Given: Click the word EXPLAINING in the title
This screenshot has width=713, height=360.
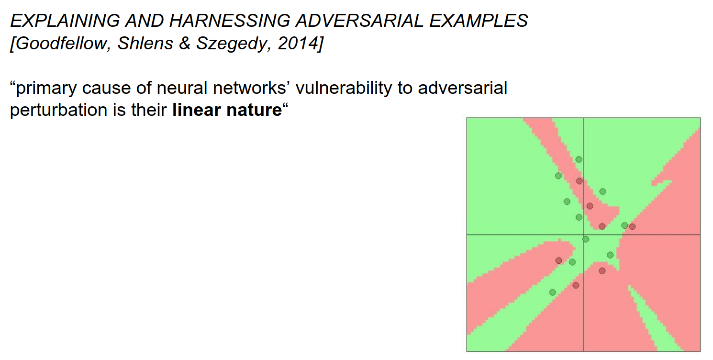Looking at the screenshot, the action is (65, 21).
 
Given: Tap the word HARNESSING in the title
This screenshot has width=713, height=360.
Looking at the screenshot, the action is (230, 21).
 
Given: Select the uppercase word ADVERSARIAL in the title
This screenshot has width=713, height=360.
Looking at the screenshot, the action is (359, 21).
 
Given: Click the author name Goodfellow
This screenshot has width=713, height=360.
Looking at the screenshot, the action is (60, 43).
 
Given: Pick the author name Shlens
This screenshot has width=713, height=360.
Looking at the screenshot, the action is (145, 43).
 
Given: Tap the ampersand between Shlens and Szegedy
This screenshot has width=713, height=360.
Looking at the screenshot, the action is (185, 43).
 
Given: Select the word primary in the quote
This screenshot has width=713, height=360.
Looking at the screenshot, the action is (46, 89).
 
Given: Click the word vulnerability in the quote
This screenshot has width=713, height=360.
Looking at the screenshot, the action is (344, 89).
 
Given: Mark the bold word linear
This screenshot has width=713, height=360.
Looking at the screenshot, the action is (196, 110).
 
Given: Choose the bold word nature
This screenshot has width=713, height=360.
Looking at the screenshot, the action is (254, 111).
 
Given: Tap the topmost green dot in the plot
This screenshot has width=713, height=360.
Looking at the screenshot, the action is (579, 159).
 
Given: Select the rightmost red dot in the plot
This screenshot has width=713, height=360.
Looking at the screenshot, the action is (633, 226).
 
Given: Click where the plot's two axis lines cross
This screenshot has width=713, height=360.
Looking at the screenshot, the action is (583, 235).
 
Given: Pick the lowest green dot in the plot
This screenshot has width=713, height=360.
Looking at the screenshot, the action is (553, 292).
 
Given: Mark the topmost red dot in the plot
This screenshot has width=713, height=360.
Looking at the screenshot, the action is (579, 181).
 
